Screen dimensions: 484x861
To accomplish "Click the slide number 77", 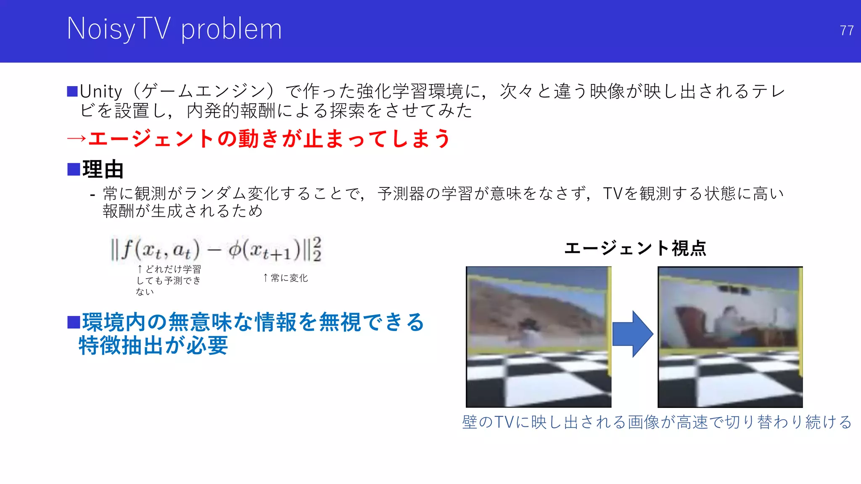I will (846, 31).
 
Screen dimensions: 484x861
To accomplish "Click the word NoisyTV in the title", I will (119, 29).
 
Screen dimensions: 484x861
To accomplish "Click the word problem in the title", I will (231, 30).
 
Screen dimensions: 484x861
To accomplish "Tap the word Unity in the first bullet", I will (101, 92).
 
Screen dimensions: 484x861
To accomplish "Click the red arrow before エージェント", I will (77, 139).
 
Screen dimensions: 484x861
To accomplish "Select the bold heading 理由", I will (103, 169).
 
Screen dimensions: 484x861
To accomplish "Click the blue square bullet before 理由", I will (74, 169).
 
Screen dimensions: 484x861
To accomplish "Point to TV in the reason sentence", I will (612, 194).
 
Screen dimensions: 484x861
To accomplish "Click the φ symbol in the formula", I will (234, 250).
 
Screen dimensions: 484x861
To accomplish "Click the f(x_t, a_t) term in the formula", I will (160, 250).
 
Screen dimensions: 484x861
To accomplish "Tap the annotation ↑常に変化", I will (285, 278).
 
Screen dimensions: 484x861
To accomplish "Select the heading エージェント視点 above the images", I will (635, 248).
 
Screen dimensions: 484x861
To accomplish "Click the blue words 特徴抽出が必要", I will (153, 346).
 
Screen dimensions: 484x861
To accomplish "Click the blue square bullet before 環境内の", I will (74, 323).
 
